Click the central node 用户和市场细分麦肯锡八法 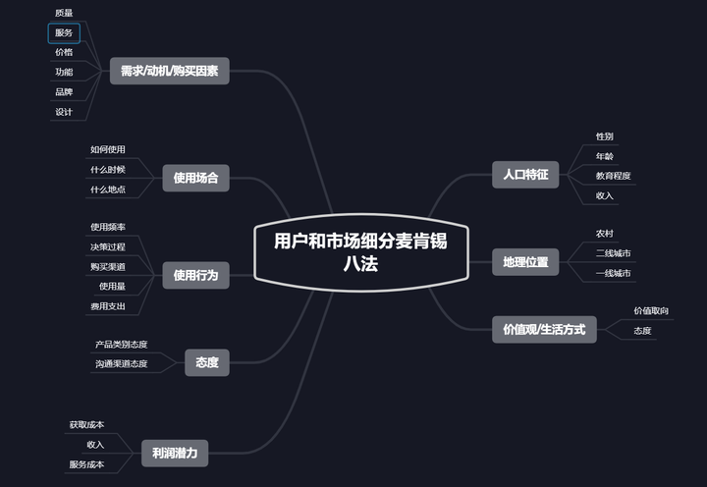(360, 252)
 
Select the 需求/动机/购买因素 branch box (170, 71)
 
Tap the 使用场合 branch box (195, 179)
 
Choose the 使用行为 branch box (195, 276)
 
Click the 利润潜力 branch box (175, 453)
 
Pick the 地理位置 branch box (524, 262)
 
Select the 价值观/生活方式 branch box (543, 330)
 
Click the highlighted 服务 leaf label (64, 33)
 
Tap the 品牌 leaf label (64, 92)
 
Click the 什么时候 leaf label (108, 169)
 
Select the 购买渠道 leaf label (108, 266)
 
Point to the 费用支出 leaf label (108, 306)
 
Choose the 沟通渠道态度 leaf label (122, 364)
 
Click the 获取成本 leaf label (86, 425)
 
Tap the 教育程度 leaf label (613, 176)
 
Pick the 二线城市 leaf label (613, 253)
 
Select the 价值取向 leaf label (651, 311)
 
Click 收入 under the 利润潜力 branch (95, 445)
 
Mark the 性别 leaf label (605, 135)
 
